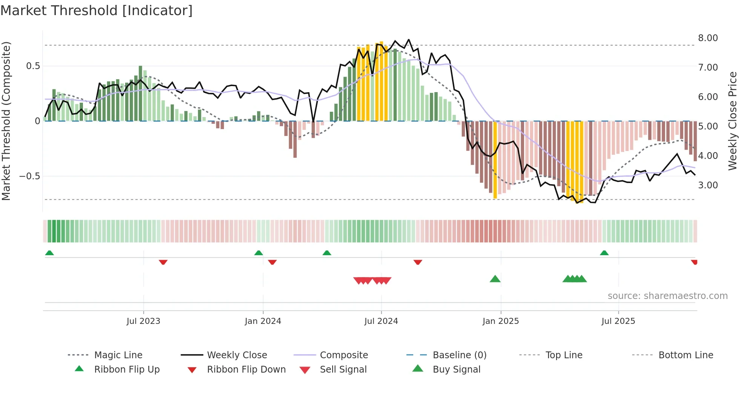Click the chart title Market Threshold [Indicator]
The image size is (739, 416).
click(97, 11)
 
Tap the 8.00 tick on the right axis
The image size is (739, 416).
click(708, 38)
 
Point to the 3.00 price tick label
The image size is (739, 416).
click(708, 185)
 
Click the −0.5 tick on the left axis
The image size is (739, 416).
click(29, 176)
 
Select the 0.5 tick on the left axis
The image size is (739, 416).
click(33, 66)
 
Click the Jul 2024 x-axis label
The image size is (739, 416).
click(381, 321)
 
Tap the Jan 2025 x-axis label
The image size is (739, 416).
click(500, 321)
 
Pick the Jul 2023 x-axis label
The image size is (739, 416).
click(143, 321)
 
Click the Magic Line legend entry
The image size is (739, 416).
click(118, 355)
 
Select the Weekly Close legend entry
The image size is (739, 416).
click(237, 355)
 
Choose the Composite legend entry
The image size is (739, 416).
click(344, 355)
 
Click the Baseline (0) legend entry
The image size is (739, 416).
click(459, 355)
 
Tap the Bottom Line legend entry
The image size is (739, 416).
click(685, 355)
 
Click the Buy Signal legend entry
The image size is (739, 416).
click(456, 370)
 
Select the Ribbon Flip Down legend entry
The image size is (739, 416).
click(246, 370)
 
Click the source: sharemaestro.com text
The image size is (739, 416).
click(667, 296)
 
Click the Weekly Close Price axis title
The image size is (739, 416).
click(732, 121)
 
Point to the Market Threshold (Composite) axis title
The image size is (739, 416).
click(6, 121)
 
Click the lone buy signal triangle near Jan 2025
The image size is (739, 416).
click(495, 279)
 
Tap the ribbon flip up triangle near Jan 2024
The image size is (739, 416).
click(259, 253)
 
